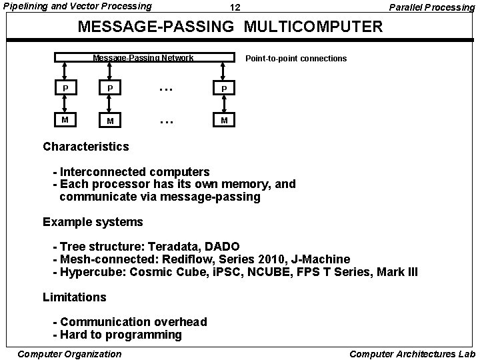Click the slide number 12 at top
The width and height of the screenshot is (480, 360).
pyautogui.click(x=235, y=8)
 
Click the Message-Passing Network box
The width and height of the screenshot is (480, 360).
pyautogui.click(x=143, y=58)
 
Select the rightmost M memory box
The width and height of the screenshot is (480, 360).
pyautogui.click(x=225, y=120)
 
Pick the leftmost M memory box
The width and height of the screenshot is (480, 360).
pyautogui.click(x=65, y=120)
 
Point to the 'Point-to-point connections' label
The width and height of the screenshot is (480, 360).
pyautogui.click(x=296, y=59)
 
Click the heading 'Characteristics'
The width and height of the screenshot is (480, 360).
pyautogui.click(x=86, y=146)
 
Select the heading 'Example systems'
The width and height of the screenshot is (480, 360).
pyautogui.click(x=93, y=221)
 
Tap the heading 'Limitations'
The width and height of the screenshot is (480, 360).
pyautogui.click(x=74, y=297)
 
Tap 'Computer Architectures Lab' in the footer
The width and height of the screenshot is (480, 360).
pyautogui.click(x=411, y=353)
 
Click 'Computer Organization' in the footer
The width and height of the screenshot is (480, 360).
pyautogui.click(x=69, y=353)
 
